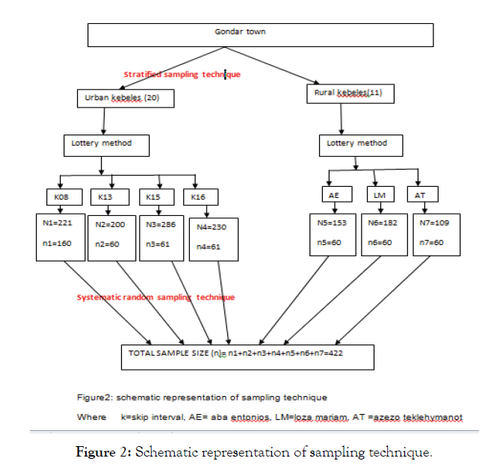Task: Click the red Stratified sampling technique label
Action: coord(182,75)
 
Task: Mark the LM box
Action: coord(379,196)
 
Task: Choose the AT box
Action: coord(420,196)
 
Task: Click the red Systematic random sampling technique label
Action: coord(155,297)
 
